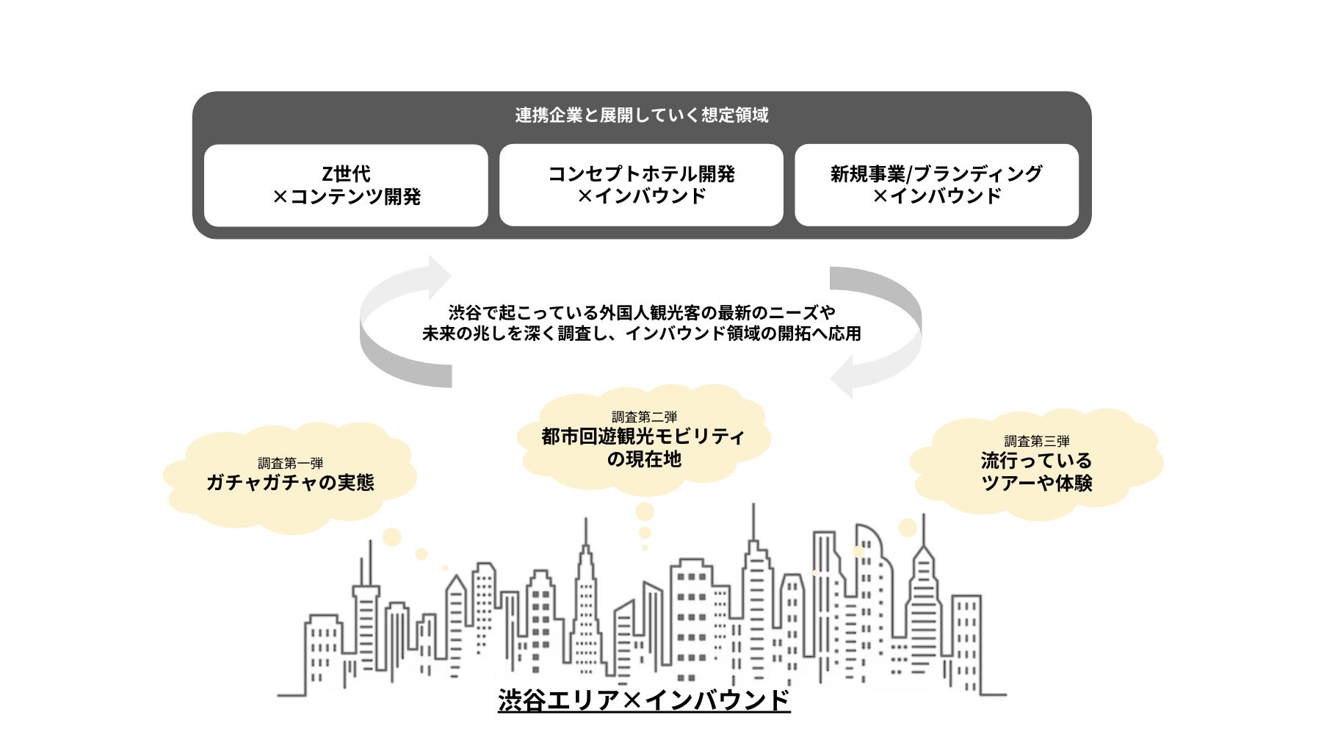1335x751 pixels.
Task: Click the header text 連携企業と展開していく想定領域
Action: (x=641, y=115)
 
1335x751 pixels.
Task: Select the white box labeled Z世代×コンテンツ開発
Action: (x=346, y=185)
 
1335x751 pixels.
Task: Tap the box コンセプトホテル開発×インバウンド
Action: (x=641, y=185)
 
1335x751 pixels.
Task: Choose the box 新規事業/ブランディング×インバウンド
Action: (x=936, y=185)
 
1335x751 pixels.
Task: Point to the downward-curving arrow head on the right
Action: (x=843, y=376)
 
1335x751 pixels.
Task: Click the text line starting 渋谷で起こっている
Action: (x=641, y=312)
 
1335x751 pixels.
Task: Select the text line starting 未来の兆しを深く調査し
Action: (x=641, y=334)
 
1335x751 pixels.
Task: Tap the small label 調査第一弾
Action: (x=290, y=463)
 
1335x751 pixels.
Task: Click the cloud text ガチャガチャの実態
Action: (x=290, y=483)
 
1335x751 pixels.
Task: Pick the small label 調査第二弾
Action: (x=644, y=417)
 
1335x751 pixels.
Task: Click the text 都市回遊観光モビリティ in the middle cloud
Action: (x=643, y=436)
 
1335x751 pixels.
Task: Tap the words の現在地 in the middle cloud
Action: (x=644, y=459)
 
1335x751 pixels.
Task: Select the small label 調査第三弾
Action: (x=1036, y=441)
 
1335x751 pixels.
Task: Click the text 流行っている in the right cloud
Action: (x=1036, y=461)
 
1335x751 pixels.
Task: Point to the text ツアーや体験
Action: (x=1036, y=484)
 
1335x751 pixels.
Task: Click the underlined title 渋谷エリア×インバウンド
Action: (x=643, y=700)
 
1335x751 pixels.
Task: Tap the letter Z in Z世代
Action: (x=328, y=174)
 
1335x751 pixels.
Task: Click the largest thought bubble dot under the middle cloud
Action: (x=645, y=511)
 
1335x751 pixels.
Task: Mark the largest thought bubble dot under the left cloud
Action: (x=392, y=537)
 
